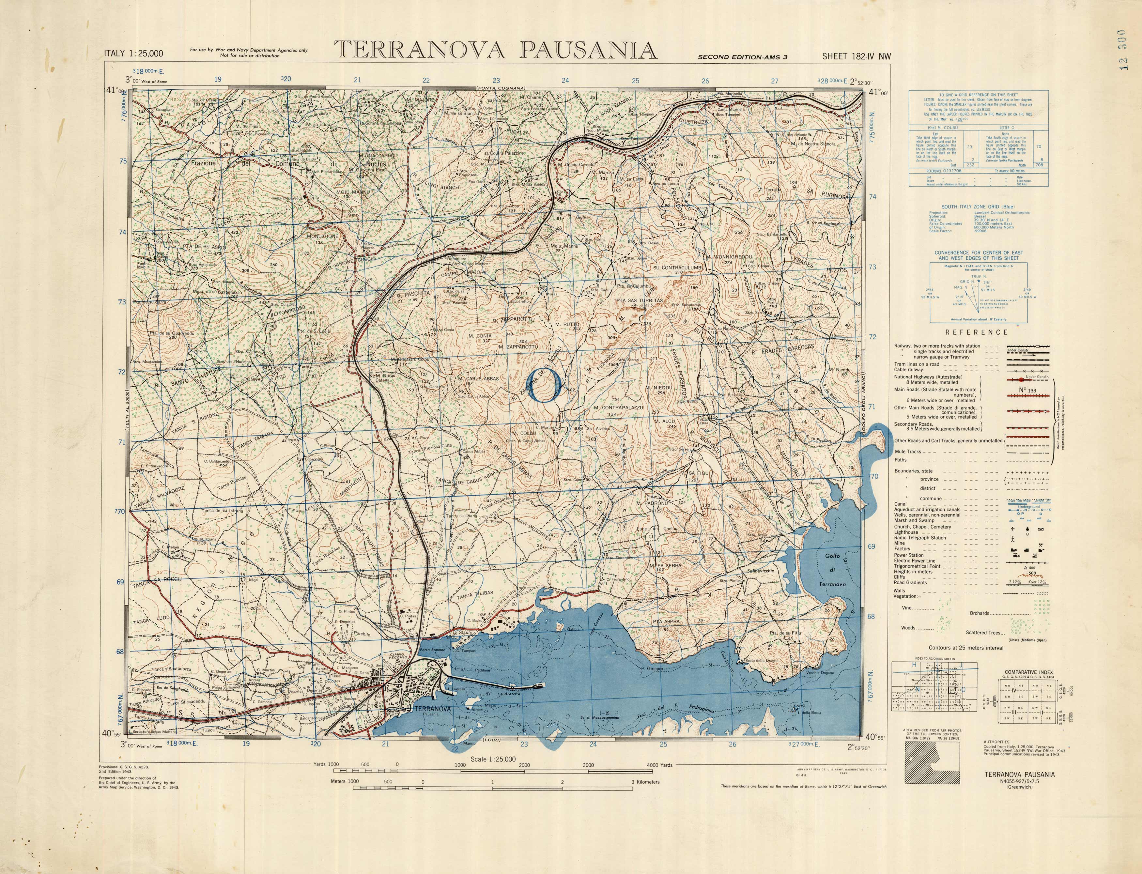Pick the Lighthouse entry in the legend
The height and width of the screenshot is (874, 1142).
pos(906,532)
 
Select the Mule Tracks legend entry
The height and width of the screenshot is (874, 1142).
pos(907,452)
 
